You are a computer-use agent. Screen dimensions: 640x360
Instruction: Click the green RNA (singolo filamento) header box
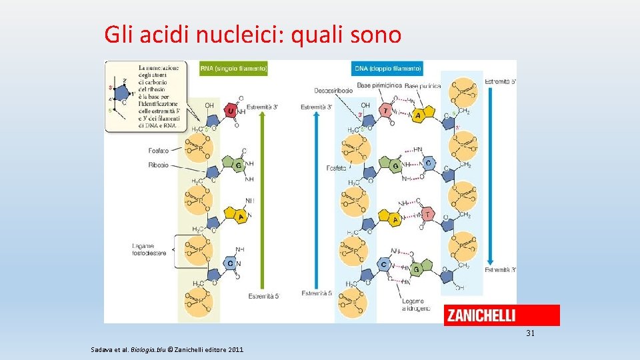(233, 68)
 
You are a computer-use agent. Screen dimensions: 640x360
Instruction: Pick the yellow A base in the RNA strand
(231, 215)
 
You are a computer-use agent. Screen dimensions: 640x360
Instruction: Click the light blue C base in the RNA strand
(230, 264)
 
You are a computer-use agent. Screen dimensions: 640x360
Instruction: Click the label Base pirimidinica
(379, 85)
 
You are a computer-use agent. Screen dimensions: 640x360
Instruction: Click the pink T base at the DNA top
(385, 111)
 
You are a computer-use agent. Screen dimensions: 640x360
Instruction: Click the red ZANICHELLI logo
(501, 315)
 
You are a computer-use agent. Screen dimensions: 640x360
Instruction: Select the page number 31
(530, 333)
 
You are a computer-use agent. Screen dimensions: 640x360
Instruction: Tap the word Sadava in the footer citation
(102, 349)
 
